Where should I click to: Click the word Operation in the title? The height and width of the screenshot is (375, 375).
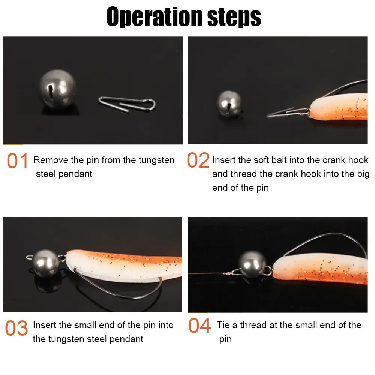(x=154, y=17)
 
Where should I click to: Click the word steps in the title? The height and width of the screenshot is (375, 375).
(x=234, y=17)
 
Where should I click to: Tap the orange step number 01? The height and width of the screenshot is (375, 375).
(x=18, y=161)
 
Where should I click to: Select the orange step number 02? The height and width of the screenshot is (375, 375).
(x=198, y=160)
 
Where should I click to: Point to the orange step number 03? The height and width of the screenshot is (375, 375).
(x=16, y=328)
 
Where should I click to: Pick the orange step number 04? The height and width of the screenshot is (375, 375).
(x=199, y=325)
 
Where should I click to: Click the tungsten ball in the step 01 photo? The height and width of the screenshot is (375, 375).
(x=57, y=89)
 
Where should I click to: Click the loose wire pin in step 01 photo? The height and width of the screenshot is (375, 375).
(x=127, y=104)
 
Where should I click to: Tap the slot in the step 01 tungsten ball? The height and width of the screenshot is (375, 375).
(x=51, y=91)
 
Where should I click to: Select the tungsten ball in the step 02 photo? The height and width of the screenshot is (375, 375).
(x=229, y=103)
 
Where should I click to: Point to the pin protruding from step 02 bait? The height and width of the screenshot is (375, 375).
(x=288, y=112)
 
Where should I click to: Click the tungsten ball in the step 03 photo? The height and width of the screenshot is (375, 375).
(x=45, y=263)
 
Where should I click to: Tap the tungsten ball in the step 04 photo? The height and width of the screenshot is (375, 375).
(x=252, y=264)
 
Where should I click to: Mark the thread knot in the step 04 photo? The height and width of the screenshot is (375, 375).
(x=228, y=273)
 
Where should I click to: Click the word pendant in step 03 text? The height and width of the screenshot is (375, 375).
(x=126, y=339)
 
